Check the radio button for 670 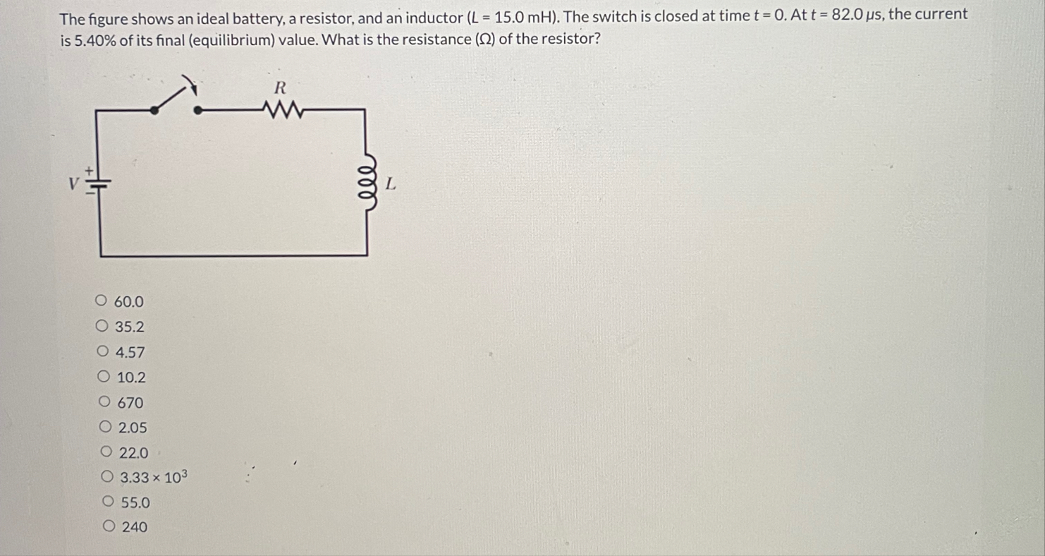(x=105, y=402)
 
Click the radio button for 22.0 (x=107, y=452)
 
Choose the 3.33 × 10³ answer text (x=154, y=478)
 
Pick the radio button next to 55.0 (x=108, y=502)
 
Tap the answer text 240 (x=135, y=527)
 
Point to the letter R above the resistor (x=280, y=88)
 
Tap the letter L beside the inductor (x=391, y=185)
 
